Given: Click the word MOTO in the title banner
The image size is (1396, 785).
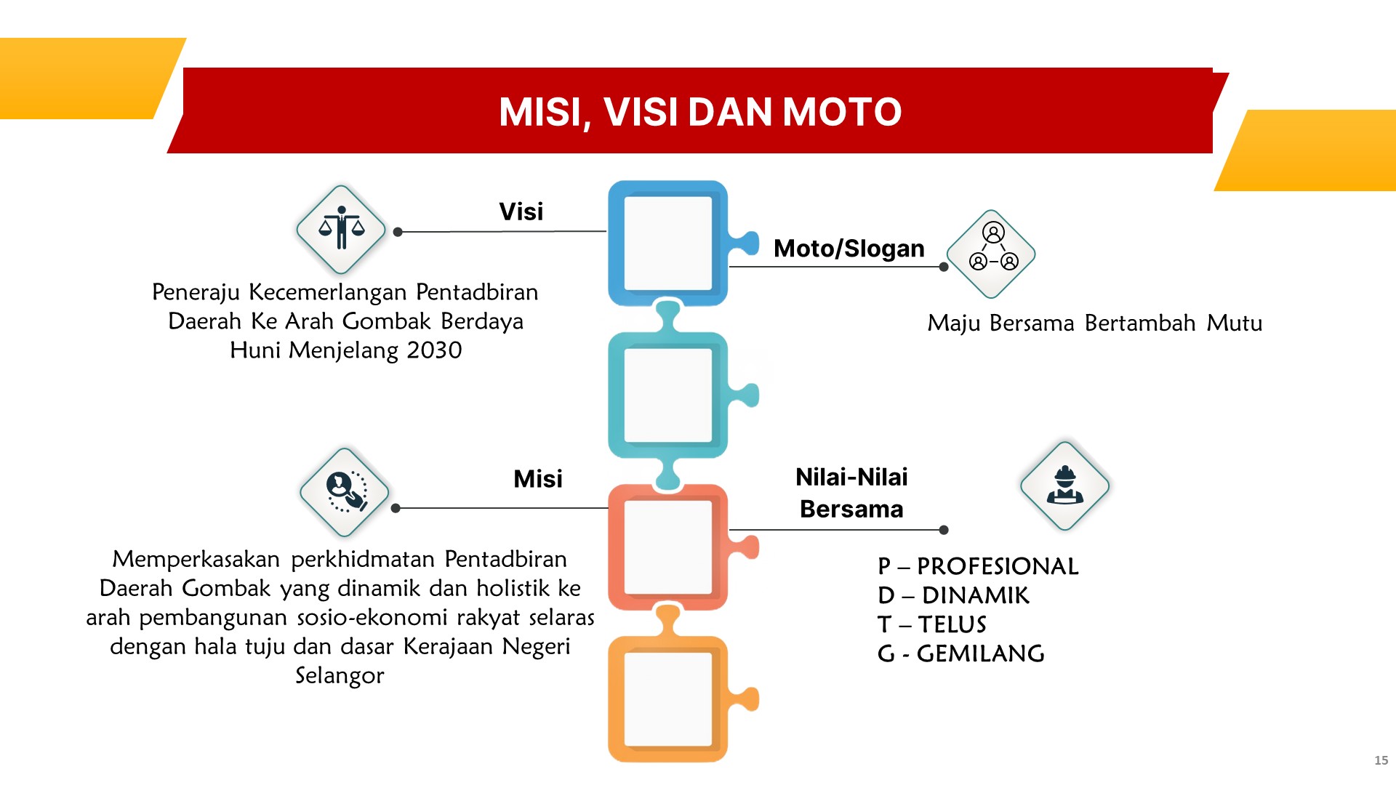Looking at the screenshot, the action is (841, 112).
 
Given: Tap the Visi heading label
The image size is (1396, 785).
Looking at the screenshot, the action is (521, 212).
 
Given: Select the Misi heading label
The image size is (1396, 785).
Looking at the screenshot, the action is (537, 479).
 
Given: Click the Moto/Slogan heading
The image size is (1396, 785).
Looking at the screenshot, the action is (849, 249).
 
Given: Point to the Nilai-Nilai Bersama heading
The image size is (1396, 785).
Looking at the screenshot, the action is (851, 493).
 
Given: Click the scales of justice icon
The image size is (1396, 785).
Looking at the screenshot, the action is (341, 229).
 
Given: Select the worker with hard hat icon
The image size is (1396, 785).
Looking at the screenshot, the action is (1065, 486).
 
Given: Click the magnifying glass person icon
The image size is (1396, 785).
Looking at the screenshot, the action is (345, 492).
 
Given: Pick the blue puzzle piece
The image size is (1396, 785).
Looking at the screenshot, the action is (668, 243).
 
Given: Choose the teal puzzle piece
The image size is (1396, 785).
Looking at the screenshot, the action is (668, 395).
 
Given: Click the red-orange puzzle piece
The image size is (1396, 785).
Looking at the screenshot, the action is (668, 547).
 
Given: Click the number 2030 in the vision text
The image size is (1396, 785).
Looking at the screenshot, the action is (434, 350).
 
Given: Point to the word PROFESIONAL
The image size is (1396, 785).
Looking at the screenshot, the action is (998, 566).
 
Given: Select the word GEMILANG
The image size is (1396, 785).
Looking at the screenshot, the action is (981, 653).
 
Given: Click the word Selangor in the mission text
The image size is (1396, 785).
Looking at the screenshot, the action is (340, 676).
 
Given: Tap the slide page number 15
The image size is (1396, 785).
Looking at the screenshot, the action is (1381, 760).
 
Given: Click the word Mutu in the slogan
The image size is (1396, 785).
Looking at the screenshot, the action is (1235, 323).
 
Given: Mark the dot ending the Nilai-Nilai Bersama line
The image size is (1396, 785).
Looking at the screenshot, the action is (944, 530).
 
